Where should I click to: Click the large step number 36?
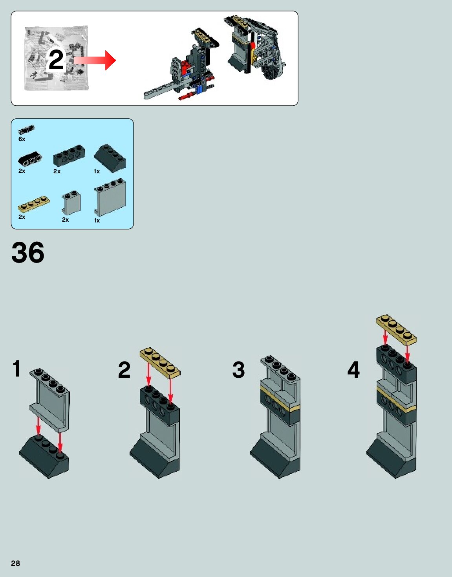[28, 252]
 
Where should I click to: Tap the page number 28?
[15, 563]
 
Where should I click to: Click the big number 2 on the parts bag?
[56, 60]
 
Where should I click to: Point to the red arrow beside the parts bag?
[95, 60]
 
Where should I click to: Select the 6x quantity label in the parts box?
[22, 139]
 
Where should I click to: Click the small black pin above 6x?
[26, 130]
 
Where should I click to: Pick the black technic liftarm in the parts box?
[30, 159]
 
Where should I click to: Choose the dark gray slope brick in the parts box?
[110, 158]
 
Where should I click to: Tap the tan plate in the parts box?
[34, 204]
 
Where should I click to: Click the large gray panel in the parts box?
[110, 197]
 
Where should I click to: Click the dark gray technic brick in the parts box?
[69, 156]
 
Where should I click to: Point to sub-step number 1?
[16, 368]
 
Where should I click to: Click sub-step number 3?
[238, 369]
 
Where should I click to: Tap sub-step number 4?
[353, 369]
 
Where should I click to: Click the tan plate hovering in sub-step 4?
[396, 330]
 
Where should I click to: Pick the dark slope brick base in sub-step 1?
[44, 456]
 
